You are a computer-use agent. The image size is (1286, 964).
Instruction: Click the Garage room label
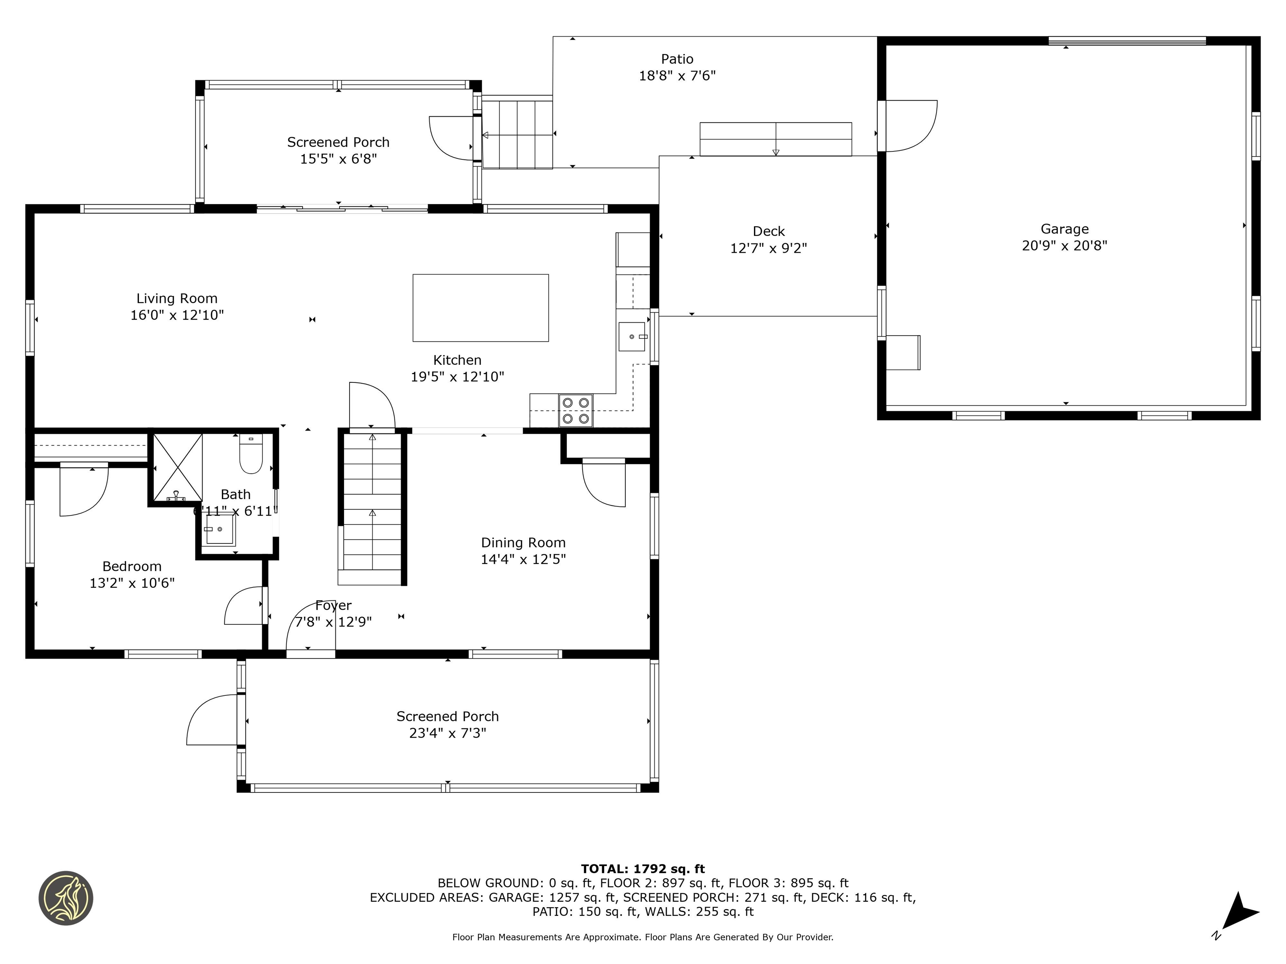[1065, 229]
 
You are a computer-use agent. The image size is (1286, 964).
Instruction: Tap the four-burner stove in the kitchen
[576, 411]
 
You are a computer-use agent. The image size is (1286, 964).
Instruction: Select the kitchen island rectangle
[480, 308]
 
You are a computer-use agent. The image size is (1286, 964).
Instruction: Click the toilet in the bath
[251, 454]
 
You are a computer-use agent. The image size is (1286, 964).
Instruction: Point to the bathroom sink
[219, 531]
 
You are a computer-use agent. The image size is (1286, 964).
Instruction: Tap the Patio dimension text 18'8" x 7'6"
[677, 76]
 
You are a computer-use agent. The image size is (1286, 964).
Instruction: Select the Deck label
[769, 231]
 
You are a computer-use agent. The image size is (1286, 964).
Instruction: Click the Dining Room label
[523, 543]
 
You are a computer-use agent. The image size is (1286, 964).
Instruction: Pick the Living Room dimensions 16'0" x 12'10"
[177, 315]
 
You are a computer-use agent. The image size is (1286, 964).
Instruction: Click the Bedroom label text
[132, 567]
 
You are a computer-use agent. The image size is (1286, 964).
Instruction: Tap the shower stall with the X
[177, 467]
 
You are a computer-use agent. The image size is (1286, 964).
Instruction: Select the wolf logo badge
[66, 898]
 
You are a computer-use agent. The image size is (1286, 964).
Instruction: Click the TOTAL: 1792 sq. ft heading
[643, 869]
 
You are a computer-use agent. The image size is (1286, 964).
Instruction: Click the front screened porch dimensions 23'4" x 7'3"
[448, 733]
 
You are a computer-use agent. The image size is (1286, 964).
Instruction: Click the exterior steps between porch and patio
[517, 133]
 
